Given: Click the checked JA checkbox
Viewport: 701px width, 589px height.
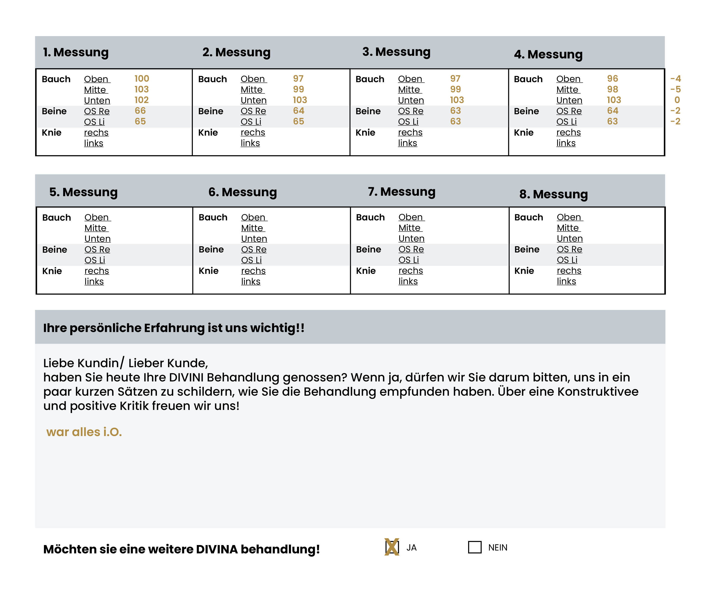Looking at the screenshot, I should (x=392, y=547).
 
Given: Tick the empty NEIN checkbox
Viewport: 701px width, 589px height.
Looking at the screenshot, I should (x=475, y=547).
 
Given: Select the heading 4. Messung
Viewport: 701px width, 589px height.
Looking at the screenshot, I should (x=548, y=54).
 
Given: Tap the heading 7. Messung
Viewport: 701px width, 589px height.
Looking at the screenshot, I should (x=402, y=192).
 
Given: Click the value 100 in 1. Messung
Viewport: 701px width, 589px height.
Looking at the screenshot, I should (x=141, y=79).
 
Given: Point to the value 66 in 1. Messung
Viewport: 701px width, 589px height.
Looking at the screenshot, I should (x=140, y=111).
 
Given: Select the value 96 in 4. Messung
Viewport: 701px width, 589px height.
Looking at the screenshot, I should (x=612, y=79).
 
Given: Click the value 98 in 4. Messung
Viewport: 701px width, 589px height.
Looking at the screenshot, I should (x=612, y=90).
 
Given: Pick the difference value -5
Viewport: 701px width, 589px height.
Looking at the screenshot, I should (x=675, y=90).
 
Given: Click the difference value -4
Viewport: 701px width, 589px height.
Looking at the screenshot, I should (x=675, y=79).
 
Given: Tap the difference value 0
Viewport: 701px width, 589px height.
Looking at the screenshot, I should (x=677, y=100).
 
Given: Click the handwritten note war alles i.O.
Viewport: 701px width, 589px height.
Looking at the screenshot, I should (x=84, y=432).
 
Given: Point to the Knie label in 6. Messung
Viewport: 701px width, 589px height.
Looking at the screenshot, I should (x=208, y=271).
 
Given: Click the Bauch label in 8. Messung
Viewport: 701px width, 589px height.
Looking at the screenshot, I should (x=528, y=217).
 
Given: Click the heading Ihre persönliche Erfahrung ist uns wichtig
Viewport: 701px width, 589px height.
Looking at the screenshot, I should (x=174, y=328).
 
